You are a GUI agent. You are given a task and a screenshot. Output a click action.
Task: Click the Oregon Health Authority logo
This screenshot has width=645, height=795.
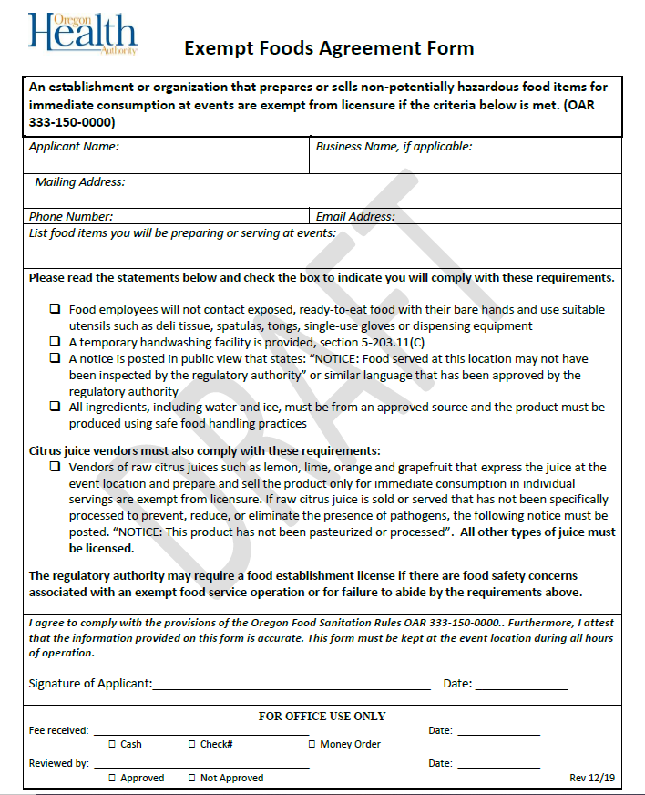[82, 34]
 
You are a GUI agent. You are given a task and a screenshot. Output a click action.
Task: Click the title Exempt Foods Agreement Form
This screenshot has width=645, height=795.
[329, 48]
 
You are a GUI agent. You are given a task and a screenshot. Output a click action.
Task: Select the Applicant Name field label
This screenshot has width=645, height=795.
[74, 146]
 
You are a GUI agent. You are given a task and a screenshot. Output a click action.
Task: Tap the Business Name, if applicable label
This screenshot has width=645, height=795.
[394, 146]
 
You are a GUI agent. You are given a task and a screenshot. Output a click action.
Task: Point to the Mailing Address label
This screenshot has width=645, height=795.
[80, 182]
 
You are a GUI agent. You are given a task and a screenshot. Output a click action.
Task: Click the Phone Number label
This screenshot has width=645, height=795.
[71, 217]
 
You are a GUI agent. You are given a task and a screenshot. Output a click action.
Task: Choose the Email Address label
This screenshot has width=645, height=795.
[355, 217]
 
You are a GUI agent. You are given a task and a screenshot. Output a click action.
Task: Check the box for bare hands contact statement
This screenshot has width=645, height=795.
[56, 310]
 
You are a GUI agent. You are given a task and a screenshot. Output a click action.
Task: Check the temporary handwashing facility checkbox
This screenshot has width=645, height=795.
[56, 342]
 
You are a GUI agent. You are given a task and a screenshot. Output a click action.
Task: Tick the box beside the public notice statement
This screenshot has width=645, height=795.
[56, 358]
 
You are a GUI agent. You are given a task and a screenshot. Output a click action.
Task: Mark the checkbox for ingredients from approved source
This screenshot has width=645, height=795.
[56, 407]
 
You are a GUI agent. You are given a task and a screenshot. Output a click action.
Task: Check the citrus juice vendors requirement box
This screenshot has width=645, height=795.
[56, 467]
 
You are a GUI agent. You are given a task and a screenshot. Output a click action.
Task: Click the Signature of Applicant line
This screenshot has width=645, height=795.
[292, 685]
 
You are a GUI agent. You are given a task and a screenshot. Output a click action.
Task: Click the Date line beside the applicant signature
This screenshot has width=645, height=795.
[520, 685]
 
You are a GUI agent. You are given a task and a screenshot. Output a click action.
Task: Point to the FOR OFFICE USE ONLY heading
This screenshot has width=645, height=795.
[322, 717]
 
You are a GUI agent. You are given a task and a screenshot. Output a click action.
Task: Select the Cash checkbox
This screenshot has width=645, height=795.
[112, 745]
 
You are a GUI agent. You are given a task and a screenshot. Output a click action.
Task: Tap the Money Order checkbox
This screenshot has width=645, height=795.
[311, 745]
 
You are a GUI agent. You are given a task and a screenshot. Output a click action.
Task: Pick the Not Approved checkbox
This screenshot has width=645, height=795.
[191, 779]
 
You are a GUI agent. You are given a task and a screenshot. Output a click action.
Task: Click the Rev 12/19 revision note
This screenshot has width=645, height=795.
[592, 778]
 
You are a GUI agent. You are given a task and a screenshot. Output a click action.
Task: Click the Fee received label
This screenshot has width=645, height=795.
[58, 730]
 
